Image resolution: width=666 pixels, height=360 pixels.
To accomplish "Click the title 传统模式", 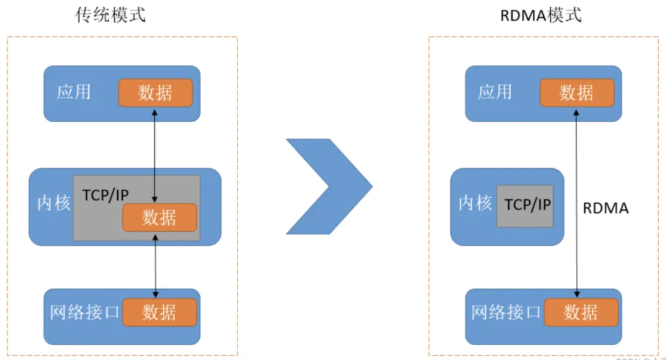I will tap(110, 15).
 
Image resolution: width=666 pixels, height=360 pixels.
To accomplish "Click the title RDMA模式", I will tap(541, 15).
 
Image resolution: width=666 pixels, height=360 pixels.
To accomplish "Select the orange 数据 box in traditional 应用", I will tap(155, 93).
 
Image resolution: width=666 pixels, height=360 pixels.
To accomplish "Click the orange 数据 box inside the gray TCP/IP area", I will tap(159, 218).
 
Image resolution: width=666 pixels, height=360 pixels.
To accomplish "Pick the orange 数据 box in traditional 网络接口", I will tap(159, 312).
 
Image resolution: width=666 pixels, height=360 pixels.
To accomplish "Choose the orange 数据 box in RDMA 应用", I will tap(577, 93).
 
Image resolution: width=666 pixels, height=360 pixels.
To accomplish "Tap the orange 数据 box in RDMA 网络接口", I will tap(580, 312).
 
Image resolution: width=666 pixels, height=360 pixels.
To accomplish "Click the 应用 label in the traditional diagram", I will tap(74, 92).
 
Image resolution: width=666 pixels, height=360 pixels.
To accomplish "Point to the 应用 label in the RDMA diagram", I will tap(495, 92).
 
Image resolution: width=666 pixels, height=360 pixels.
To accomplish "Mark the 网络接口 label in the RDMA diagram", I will tap(506, 313).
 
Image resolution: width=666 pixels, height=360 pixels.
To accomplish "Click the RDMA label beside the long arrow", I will tap(606, 208).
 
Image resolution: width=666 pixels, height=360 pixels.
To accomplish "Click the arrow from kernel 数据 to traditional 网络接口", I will tap(155, 265).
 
